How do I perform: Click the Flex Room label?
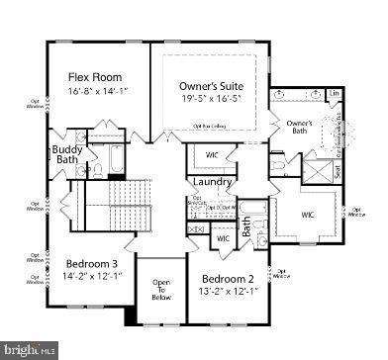94,75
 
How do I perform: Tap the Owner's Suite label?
211,85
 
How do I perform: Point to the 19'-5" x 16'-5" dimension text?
211,100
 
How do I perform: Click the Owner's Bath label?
300,128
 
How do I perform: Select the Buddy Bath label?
66,155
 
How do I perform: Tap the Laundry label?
213,182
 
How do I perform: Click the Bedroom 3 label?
92,263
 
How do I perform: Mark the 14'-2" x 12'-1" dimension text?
92,277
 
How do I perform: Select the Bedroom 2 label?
230,278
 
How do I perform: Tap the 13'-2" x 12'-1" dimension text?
230,292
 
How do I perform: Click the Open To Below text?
161,288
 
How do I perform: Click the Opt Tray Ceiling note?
212,126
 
